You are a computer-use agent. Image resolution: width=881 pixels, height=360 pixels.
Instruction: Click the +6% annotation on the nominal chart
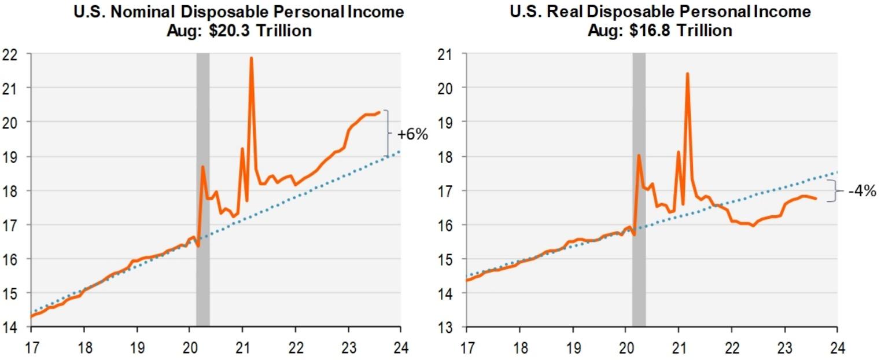(x=412, y=135)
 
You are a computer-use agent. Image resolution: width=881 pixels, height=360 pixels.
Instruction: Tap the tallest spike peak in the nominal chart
(x=251, y=58)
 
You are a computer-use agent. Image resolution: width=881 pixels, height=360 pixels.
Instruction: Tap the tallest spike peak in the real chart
(x=687, y=74)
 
